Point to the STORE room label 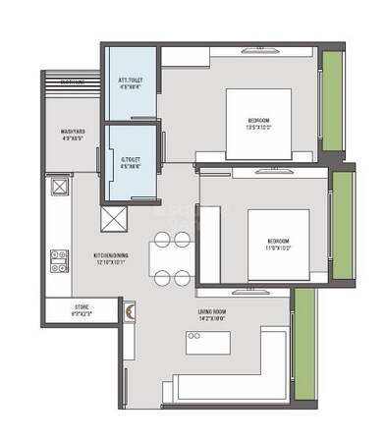82,307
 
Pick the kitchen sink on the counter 59,187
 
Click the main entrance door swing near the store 128,311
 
